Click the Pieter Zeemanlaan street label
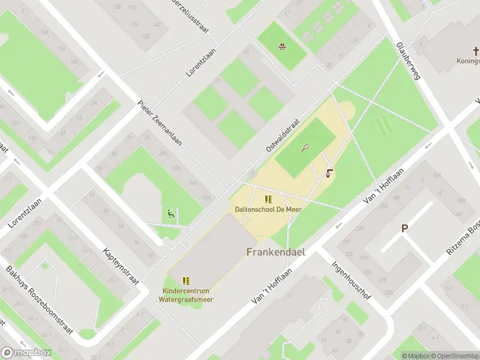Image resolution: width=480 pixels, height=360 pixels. (160, 123)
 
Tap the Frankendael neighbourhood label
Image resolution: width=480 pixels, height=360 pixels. (275, 252)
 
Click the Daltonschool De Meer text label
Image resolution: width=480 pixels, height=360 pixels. (268, 209)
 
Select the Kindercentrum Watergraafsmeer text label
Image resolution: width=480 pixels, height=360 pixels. (188, 295)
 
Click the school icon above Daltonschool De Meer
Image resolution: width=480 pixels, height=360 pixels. (268, 199)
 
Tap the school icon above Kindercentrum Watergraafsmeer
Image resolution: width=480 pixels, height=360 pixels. (187, 280)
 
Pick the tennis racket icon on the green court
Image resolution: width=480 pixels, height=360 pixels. (306, 147)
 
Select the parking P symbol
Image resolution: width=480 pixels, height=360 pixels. (405, 228)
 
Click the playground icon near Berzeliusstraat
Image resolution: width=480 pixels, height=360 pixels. (281, 46)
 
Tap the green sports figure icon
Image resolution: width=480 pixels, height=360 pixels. (170, 213)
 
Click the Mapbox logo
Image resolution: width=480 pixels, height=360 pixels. (26, 352)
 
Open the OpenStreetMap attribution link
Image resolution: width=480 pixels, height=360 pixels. (449, 356)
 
